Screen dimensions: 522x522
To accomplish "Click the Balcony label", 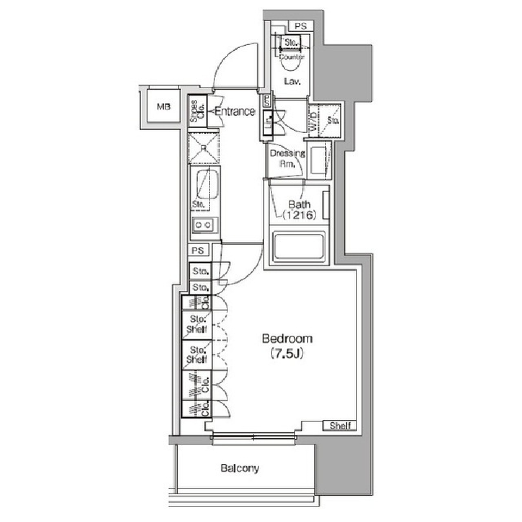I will point(240,468).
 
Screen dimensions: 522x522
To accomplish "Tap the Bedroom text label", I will point(287,339).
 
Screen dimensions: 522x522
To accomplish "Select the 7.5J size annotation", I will point(287,354).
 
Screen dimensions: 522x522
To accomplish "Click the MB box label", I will point(164,107).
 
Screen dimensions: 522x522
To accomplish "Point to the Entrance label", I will point(234,112).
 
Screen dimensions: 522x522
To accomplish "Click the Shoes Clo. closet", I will point(197,112).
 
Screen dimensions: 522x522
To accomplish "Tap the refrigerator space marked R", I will point(203,147).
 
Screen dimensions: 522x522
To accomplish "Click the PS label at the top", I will point(300,26).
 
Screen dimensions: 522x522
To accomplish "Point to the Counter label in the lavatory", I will point(292,57).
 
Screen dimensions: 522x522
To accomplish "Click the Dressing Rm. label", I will point(287,158).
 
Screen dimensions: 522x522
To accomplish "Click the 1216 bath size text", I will point(299,215).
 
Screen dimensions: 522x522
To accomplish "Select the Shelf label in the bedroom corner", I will point(340,426).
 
